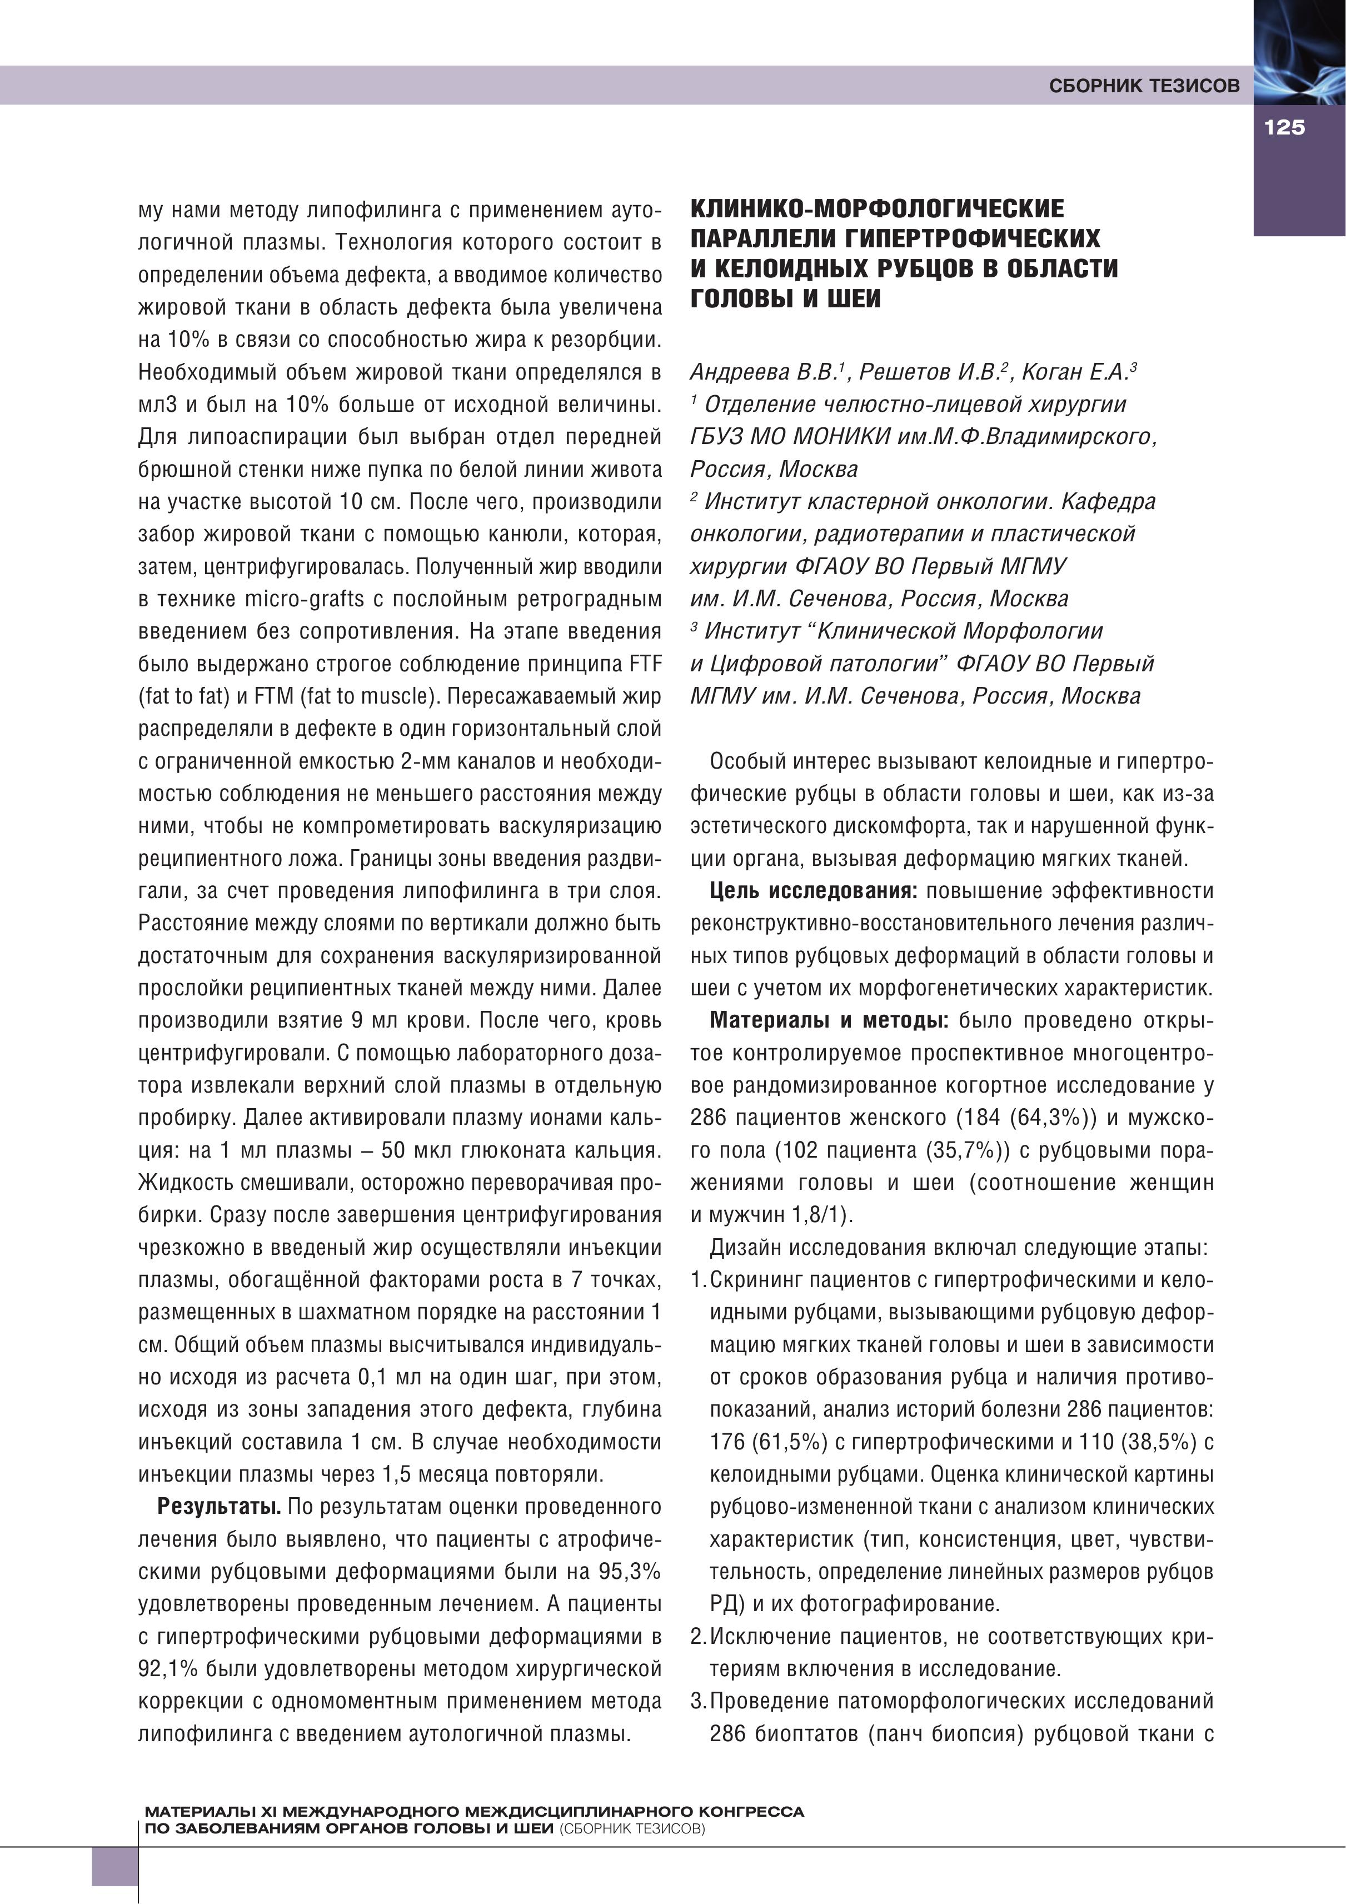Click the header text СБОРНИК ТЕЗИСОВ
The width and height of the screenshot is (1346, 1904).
1144,86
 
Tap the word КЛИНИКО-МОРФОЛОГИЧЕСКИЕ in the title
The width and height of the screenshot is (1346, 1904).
878,208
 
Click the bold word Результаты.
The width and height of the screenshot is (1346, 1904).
220,1506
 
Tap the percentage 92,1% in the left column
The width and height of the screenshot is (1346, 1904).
168,1668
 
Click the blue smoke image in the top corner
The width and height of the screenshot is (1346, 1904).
1299,50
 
